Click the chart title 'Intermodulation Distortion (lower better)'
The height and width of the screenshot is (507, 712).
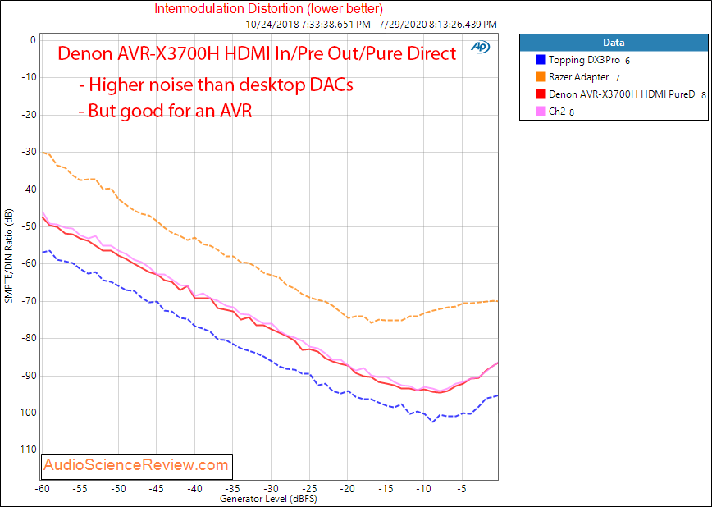268,9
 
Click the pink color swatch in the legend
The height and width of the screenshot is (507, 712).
540,112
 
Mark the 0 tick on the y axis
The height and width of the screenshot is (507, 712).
32,40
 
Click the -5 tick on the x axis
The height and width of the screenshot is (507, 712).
462,488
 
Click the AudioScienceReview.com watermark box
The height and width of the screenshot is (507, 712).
137,465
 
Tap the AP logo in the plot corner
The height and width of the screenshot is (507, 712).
480,48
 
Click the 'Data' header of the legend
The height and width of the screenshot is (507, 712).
614,43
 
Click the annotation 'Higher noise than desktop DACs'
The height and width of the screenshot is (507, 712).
216,84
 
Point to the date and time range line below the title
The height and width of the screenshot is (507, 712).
371,25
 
